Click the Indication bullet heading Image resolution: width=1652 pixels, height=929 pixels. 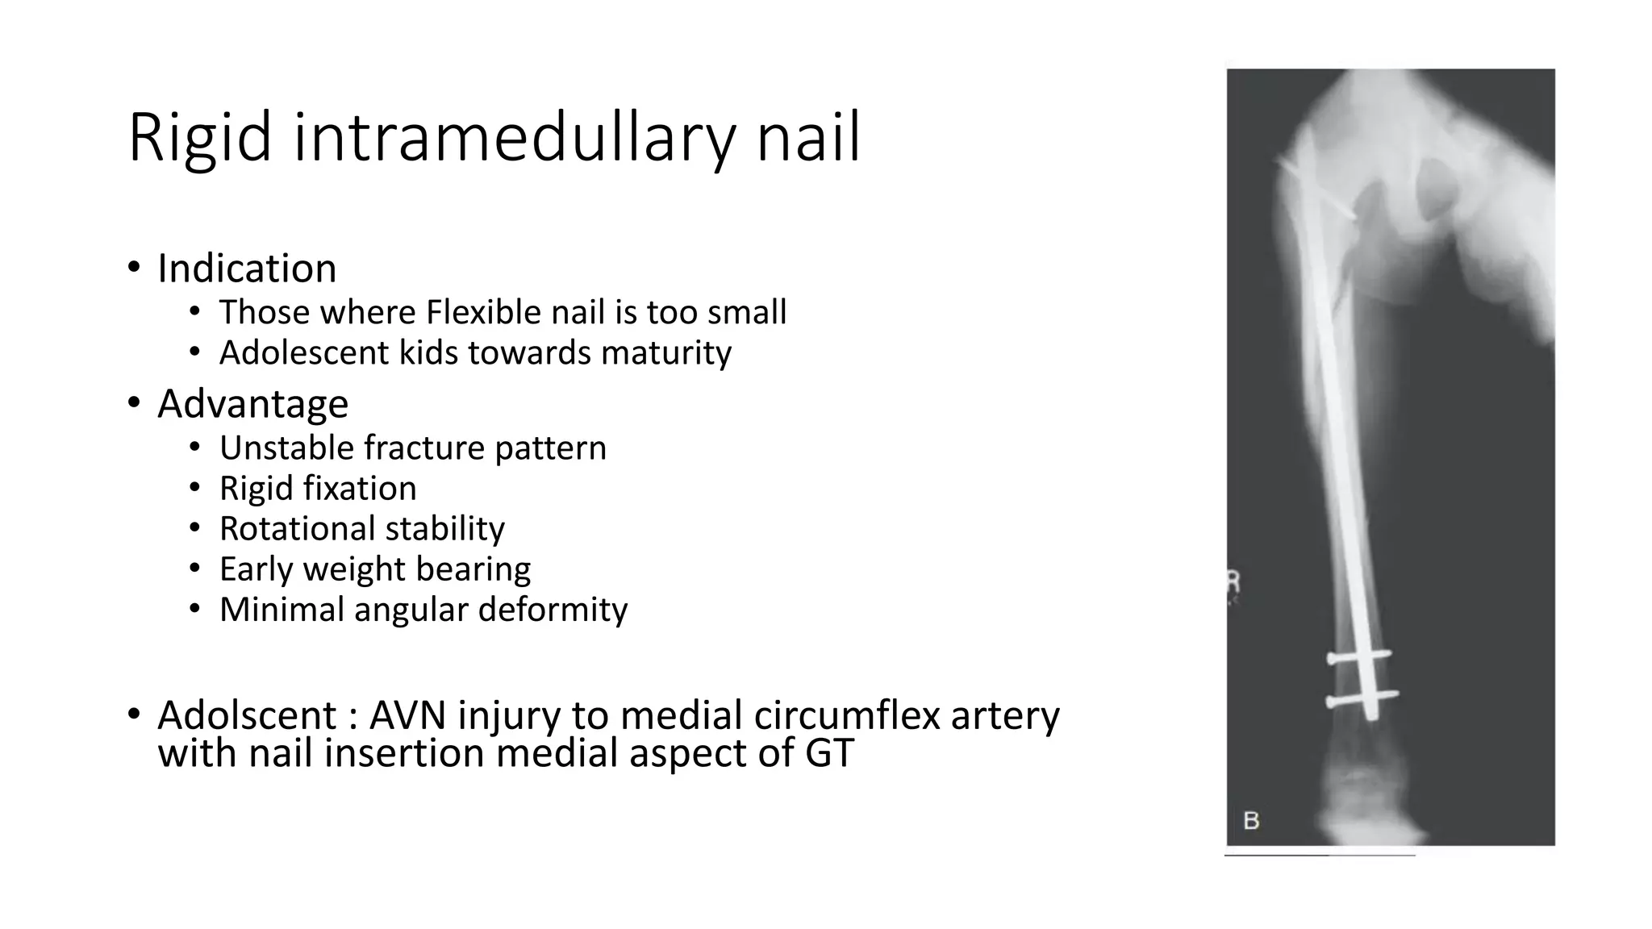(247, 268)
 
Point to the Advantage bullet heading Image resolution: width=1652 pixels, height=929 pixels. (252, 403)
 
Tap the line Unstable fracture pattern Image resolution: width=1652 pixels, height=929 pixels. (412, 448)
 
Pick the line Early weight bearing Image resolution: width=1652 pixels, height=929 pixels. (375, 569)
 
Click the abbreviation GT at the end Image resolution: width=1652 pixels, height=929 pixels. (829, 753)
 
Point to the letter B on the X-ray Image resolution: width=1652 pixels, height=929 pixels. (1251, 821)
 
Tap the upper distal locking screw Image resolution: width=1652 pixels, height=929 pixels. (1359, 657)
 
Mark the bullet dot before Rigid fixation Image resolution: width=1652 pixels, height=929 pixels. (194, 489)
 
